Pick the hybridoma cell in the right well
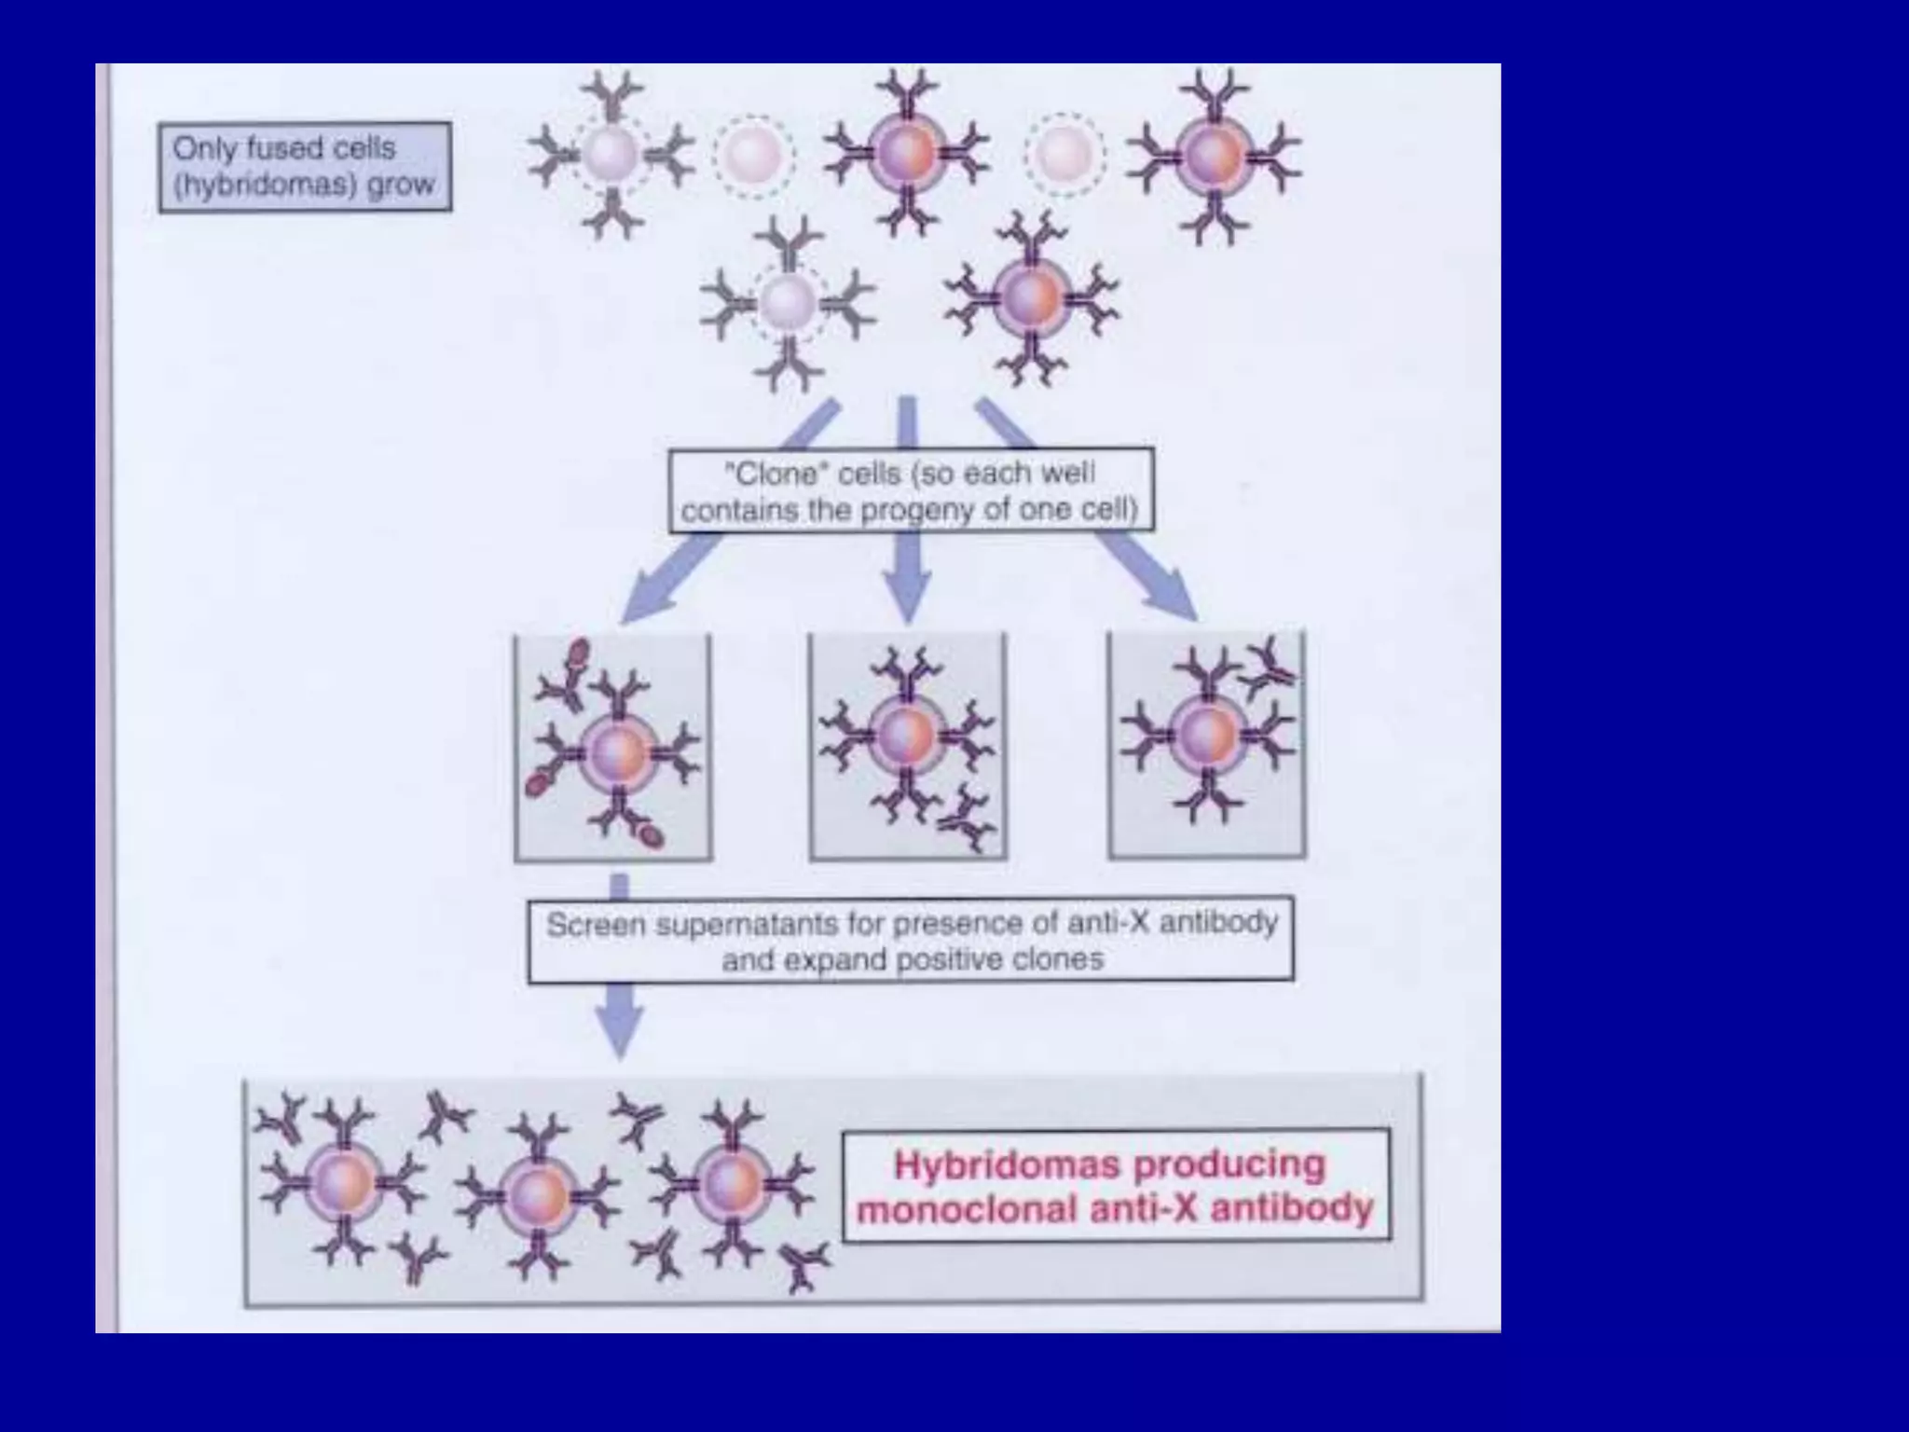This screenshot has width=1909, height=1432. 1206,735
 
